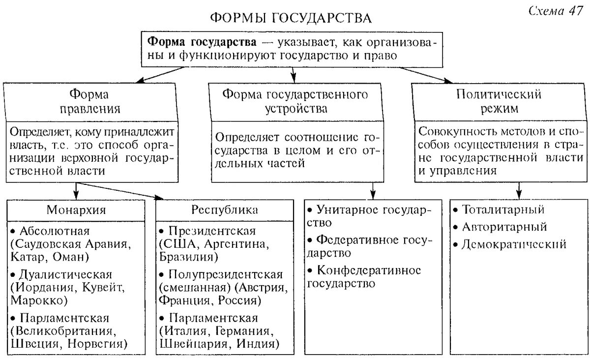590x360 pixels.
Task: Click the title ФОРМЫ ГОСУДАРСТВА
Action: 291,18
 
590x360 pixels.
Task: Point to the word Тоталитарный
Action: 503,210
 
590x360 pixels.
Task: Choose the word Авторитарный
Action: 504,227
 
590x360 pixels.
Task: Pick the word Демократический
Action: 514,244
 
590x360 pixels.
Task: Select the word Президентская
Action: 212,231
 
